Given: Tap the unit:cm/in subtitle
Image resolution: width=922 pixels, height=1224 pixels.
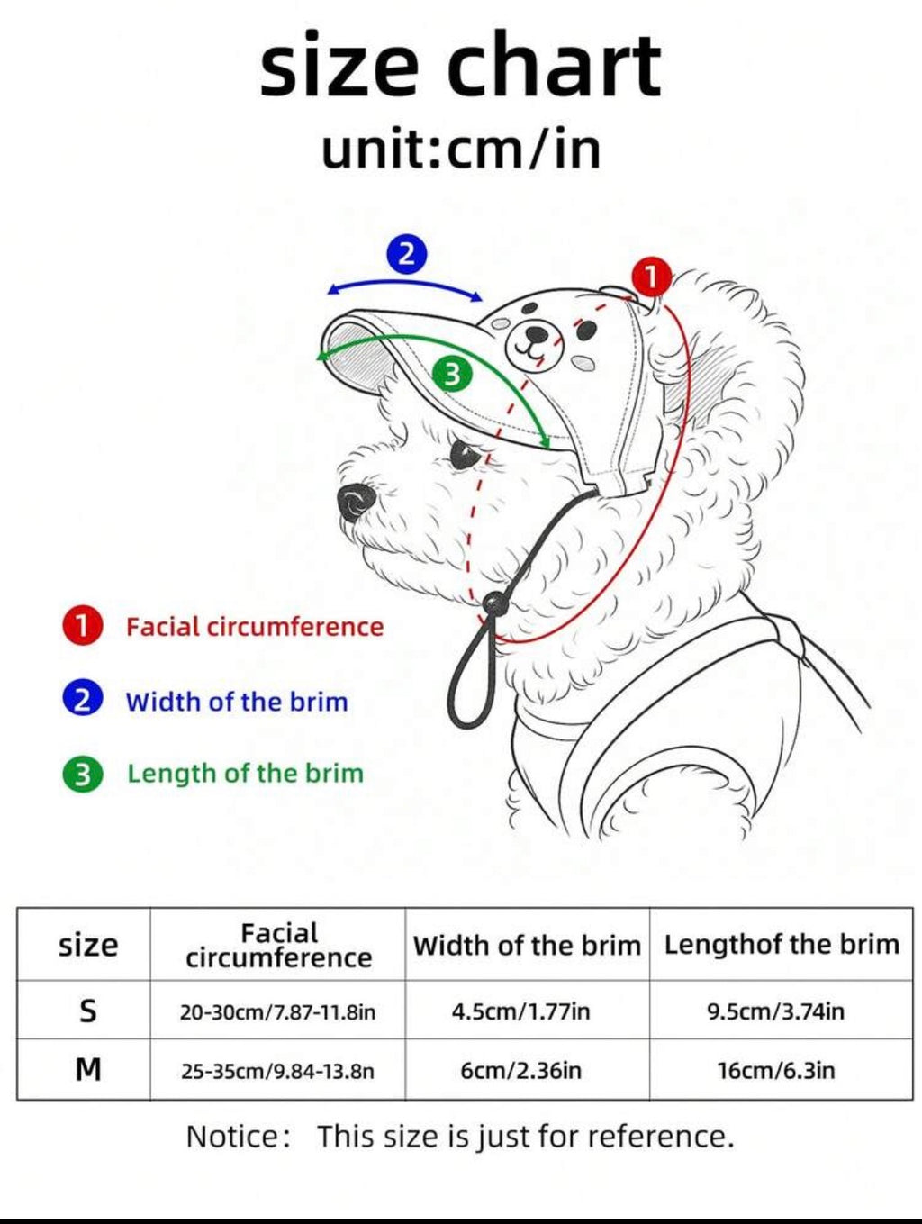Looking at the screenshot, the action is tap(462, 148).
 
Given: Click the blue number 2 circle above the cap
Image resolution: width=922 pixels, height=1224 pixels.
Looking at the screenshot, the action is tap(407, 254).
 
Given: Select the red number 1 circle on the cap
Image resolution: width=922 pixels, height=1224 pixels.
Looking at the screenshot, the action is tap(651, 277).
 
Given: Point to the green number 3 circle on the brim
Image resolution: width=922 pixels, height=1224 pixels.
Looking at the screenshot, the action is tap(453, 374).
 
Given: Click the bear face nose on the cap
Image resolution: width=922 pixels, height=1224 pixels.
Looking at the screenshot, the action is tap(537, 333).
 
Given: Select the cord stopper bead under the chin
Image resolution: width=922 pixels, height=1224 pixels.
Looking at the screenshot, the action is tap(493, 603).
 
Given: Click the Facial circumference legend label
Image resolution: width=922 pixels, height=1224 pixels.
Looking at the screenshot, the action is tap(255, 627).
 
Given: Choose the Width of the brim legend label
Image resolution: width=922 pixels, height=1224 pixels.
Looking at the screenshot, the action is tap(237, 702).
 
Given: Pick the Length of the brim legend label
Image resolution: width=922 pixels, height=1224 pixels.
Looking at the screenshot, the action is tap(245, 774).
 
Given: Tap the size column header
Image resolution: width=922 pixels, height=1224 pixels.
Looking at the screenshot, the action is tap(88, 945).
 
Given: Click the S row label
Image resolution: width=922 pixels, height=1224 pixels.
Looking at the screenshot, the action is tap(87, 1011).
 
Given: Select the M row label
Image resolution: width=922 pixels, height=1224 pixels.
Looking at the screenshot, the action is tap(88, 1069).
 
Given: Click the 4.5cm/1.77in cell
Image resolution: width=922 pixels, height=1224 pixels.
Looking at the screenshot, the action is tap(520, 1011).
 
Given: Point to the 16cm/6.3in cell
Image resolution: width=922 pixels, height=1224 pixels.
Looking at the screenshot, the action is tap(776, 1070).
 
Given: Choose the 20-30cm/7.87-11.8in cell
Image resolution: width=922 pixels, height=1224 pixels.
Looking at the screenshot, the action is tap(277, 1011).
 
